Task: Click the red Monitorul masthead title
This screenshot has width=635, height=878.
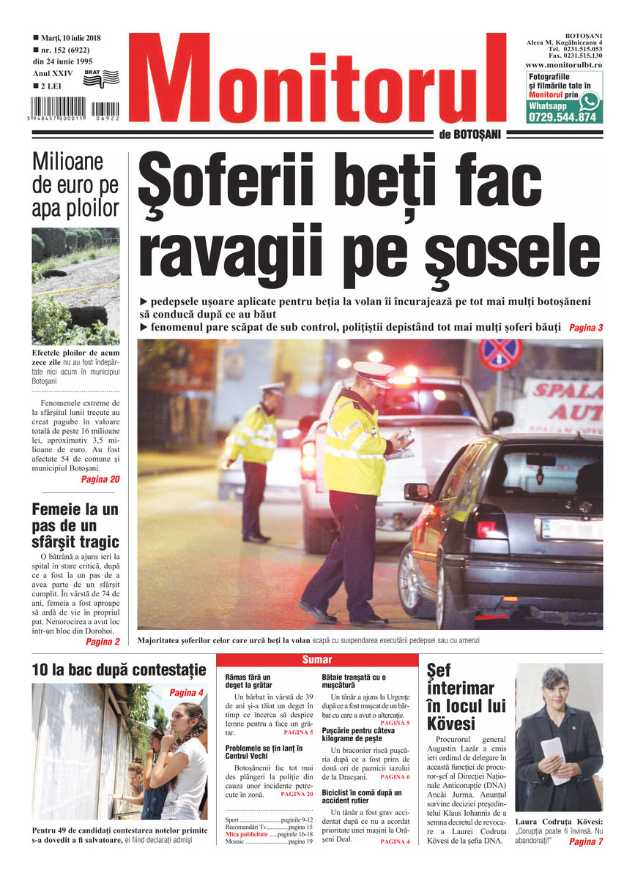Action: pyautogui.click(x=316, y=79)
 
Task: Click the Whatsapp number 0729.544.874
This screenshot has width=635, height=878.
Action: pyautogui.click(x=562, y=116)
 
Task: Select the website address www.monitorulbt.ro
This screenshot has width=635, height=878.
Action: pyautogui.click(x=563, y=65)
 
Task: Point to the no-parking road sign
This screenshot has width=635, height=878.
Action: pyautogui.click(x=500, y=355)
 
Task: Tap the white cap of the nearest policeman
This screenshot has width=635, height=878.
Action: pyautogui.click(x=374, y=371)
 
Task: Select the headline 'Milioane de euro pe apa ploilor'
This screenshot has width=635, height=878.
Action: pyautogui.click(x=75, y=185)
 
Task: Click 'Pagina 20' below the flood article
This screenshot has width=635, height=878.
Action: pyautogui.click(x=100, y=480)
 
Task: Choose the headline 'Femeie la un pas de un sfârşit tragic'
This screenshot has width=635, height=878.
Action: pyautogui.click(x=75, y=525)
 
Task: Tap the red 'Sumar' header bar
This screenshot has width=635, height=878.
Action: pyautogui.click(x=317, y=660)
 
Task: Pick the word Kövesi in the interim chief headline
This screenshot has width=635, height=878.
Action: pyautogui.click(x=452, y=724)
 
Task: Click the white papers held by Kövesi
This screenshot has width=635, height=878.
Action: pyautogui.click(x=552, y=758)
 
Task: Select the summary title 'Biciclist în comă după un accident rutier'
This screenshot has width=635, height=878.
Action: pyautogui.click(x=362, y=796)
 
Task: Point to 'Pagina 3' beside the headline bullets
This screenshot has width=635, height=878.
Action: pyautogui.click(x=585, y=328)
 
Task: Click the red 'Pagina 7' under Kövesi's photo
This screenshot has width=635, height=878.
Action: pyautogui.click(x=585, y=842)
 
